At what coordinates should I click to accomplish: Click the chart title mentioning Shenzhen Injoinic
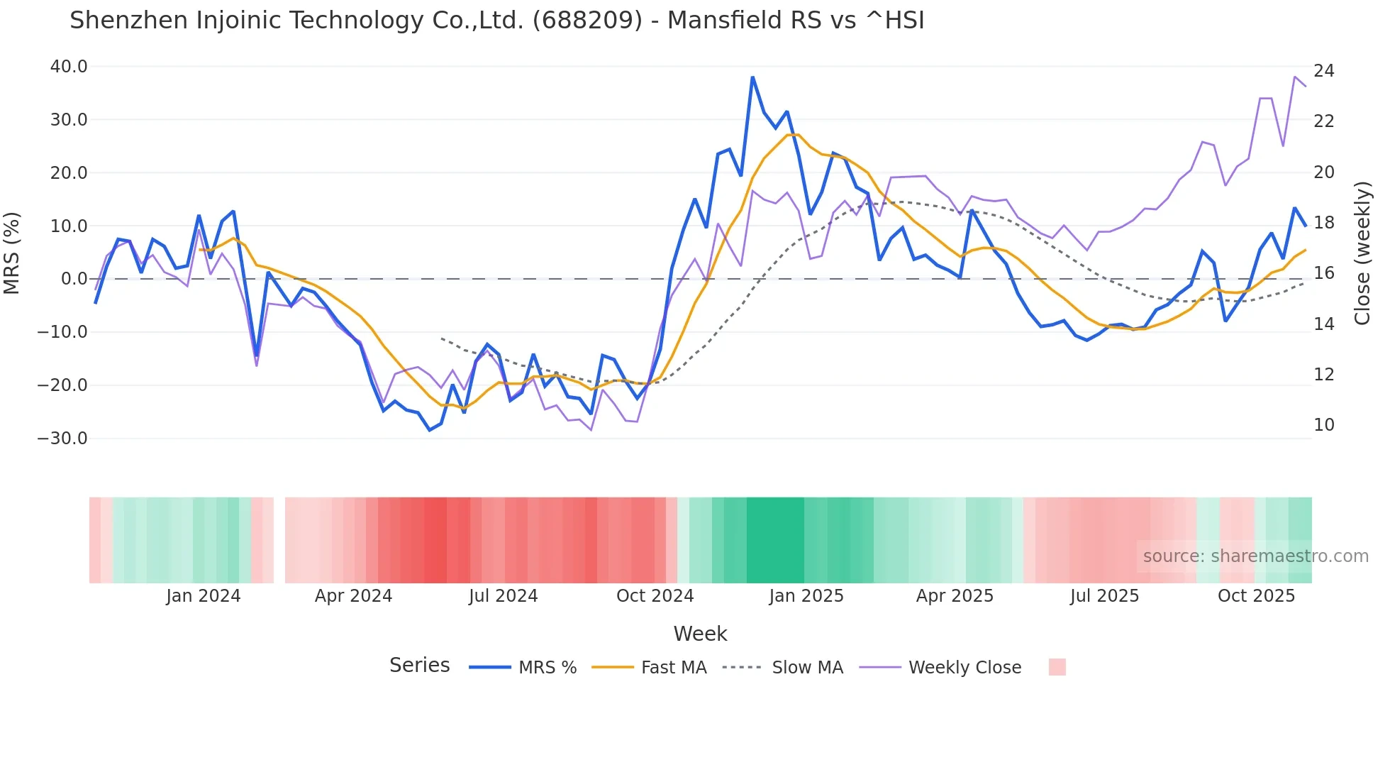click(496, 21)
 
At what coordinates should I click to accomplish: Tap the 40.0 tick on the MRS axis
click(69, 67)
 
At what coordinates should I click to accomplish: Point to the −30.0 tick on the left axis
click(63, 439)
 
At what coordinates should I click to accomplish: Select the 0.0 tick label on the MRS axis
click(74, 279)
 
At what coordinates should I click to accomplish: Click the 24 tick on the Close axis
click(1323, 71)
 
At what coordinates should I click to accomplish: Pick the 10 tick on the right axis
click(1323, 425)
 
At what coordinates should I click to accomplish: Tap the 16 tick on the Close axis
click(1323, 273)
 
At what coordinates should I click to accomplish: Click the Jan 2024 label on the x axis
click(204, 596)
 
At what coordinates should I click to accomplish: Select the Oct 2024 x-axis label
click(655, 596)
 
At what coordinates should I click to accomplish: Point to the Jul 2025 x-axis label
click(1104, 596)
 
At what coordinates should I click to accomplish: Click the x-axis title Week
click(700, 634)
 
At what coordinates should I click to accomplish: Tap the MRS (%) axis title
click(12, 253)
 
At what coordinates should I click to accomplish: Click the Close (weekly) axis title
click(1362, 253)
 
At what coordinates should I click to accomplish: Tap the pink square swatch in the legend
click(1057, 667)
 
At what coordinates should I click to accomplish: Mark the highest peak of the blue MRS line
click(752, 77)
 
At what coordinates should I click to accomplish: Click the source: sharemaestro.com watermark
click(1255, 556)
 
